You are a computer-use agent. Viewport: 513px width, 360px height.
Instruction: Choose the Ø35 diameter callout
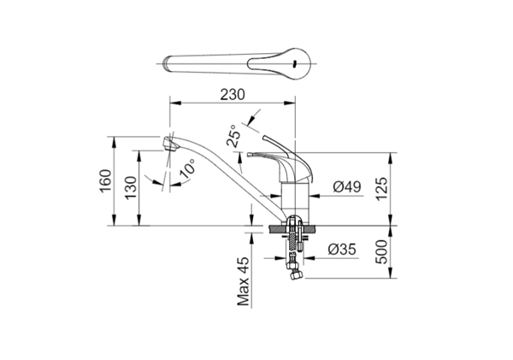(x=342, y=250)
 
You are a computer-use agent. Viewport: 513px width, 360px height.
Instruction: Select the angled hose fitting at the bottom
(x=294, y=273)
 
